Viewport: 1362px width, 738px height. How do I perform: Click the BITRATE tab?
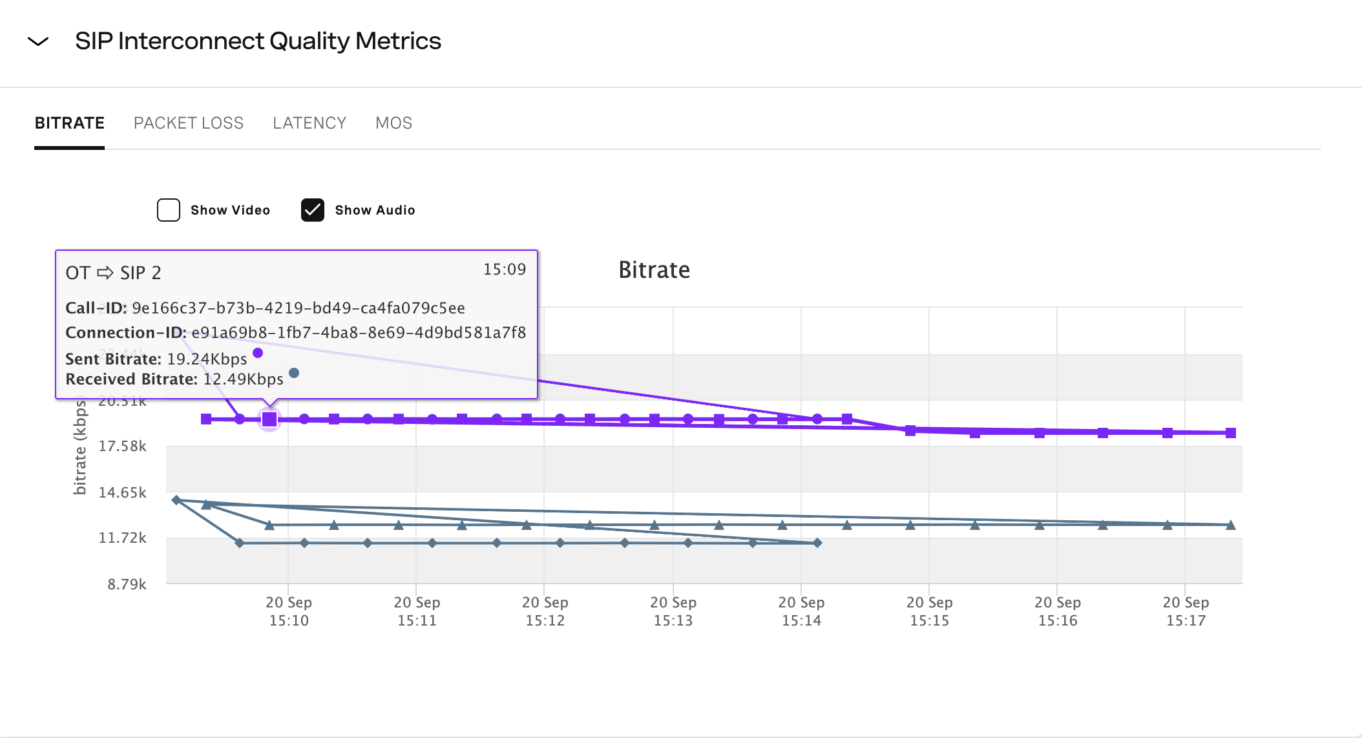click(x=69, y=123)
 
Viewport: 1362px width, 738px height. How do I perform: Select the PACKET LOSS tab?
click(x=188, y=123)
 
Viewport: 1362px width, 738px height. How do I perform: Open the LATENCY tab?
click(x=309, y=123)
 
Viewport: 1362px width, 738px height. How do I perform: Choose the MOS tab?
click(x=393, y=123)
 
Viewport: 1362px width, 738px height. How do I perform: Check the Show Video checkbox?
click(x=169, y=210)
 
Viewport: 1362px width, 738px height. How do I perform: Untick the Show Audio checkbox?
click(x=313, y=210)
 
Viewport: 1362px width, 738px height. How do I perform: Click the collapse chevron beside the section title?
click(x=38, y=42)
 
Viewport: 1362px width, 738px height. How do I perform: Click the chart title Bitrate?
click(x=654, y=270)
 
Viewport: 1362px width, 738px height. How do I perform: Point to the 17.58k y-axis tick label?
click(x=122, y=447)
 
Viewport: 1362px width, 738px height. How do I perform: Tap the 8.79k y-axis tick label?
click(x=127, y=585)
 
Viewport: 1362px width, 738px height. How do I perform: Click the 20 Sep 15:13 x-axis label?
click(x=673, y=611)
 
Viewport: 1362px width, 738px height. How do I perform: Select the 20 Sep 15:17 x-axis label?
click(x=1185, y=611)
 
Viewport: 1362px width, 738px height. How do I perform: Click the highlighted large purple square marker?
click(x=269, y=419)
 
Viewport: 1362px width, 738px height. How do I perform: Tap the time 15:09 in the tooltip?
click(x=504, y=269)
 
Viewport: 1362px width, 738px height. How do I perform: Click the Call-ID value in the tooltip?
click(x=298, y=308)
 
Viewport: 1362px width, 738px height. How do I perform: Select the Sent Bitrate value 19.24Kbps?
click(x=207, y=359)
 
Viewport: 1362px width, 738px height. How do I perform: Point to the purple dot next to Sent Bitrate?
click(x=258, y=353)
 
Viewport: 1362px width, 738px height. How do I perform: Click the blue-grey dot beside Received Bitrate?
click(x=294, y=373)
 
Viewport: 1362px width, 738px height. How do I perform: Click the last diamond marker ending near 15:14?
click(x=817, y=543)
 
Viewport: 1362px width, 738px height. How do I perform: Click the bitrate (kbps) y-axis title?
click(x=80, y=446)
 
